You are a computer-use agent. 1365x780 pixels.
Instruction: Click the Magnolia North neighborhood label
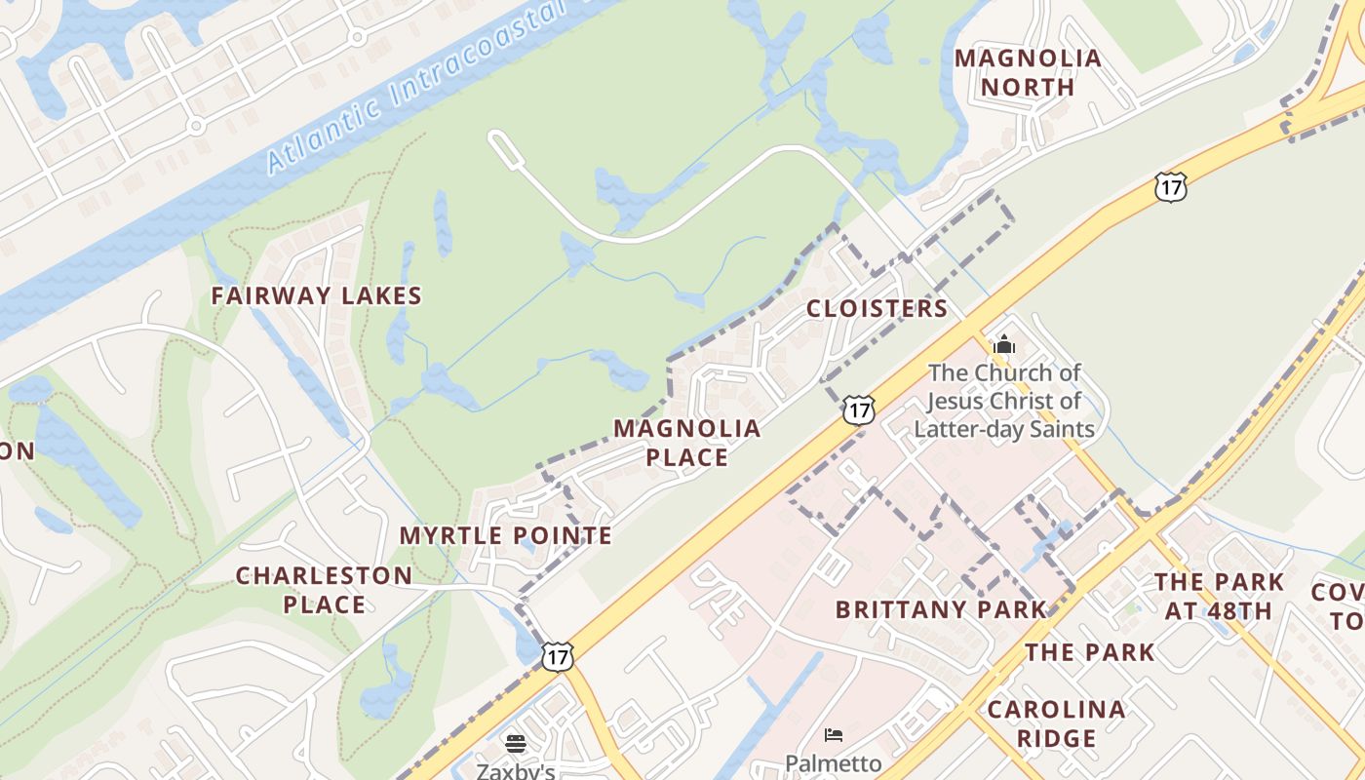click(1028, 72)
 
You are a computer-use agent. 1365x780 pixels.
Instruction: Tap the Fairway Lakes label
click(316, 295)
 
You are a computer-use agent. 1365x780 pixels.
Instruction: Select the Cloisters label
click(877, 308)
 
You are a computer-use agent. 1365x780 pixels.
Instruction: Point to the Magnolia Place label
click(686, 442)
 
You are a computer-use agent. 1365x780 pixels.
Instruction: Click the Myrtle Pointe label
click(505, 535)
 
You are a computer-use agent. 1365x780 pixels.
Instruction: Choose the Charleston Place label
click(324, 589)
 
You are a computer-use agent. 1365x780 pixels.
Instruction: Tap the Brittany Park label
click(940, 609)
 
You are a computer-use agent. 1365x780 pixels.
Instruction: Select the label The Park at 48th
click(1219, 597)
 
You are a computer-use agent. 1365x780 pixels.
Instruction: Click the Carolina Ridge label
click(1056, 722)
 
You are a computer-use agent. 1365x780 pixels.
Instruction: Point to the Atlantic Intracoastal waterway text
click(419, 88)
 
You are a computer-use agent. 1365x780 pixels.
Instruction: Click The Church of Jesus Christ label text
click(1004, 400)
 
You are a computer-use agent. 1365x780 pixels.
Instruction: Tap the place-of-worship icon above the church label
click(1003, 344)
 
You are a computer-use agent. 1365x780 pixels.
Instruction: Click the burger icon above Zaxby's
click(516, 744)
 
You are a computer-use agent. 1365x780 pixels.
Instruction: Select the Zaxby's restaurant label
click(515, 770)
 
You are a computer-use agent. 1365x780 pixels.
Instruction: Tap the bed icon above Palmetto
click(833, 734)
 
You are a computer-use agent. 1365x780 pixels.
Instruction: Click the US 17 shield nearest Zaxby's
click(557, 656)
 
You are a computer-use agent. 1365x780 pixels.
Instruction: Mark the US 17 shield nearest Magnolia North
click(1169, 187)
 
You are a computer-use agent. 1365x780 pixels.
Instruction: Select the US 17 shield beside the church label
click(858, 409)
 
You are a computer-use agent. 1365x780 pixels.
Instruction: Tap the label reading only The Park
click(1089, 651)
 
